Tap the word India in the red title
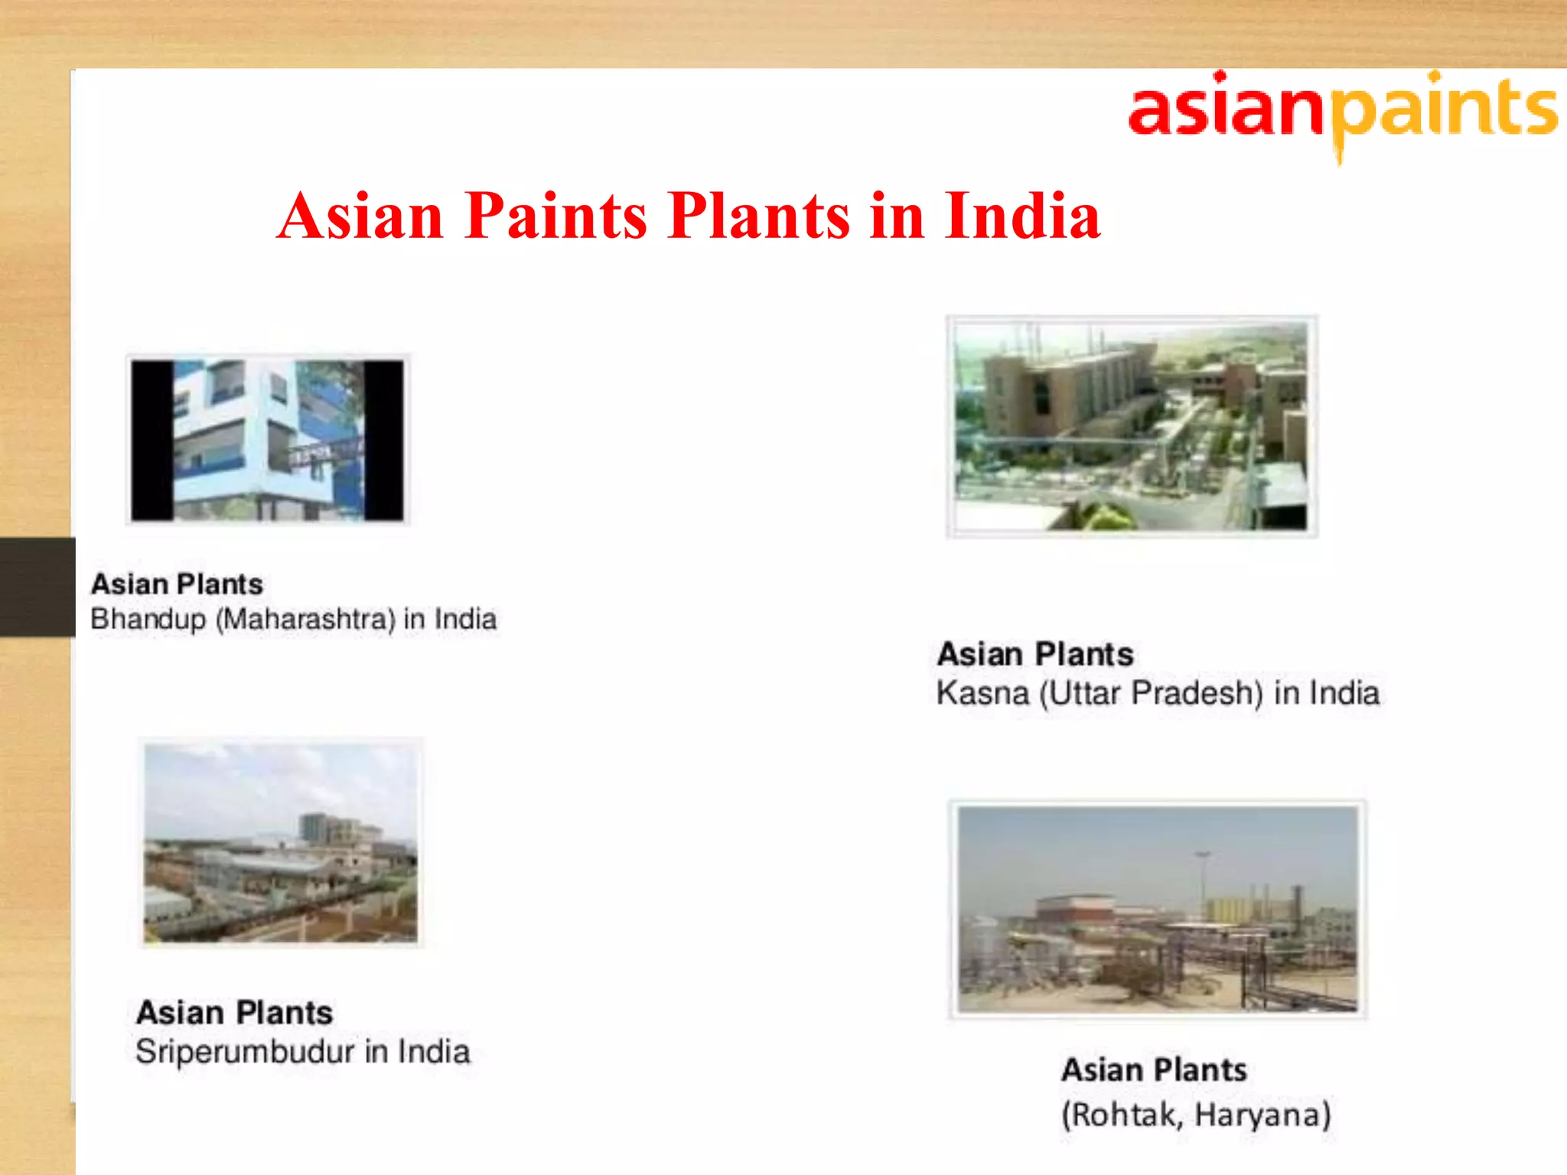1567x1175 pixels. [x=1022, y=216]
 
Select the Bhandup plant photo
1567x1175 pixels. [x=268, y=440]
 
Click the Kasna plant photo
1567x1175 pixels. [x=1132, y=426]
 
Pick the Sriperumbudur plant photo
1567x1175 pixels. [x=281, y=842]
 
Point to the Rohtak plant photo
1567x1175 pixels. [x=1158, y=909]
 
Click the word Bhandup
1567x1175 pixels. [x=148, y=620]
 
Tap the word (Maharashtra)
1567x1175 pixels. [x=305, y=619]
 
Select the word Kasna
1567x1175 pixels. [x=982, y=694]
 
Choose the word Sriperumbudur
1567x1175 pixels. [x=245, y=1053]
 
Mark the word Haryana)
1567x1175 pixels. [x=1263, y=1115]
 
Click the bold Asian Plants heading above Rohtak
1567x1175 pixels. [x=1154, y=1070]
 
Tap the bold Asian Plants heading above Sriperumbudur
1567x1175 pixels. [x=235, y=1013]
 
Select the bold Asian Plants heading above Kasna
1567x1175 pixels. [x=1035, y=655]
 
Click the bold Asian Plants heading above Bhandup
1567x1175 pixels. [x=177, y=584]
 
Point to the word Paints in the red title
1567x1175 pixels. [x=556, y=216]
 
